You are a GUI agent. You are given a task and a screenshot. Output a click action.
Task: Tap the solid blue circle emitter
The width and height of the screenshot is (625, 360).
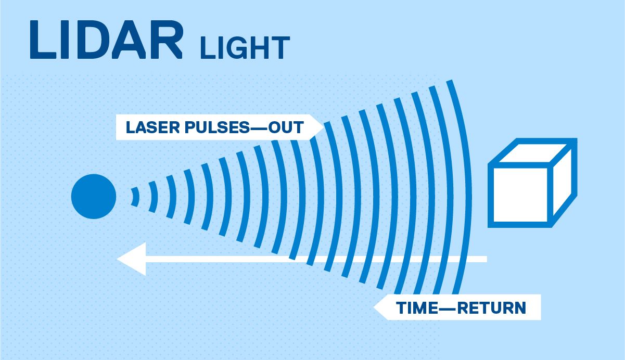click(94, 197)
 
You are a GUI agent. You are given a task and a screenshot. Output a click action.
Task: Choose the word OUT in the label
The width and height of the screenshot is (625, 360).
click(286, 127)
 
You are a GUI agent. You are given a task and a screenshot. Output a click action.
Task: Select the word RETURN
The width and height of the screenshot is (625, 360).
click(492, 308)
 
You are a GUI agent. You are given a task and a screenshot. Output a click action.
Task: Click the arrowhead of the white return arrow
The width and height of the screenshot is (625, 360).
click(130, 259)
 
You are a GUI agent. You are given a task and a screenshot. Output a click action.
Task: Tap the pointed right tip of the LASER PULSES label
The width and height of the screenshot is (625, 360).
click(321, 127)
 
